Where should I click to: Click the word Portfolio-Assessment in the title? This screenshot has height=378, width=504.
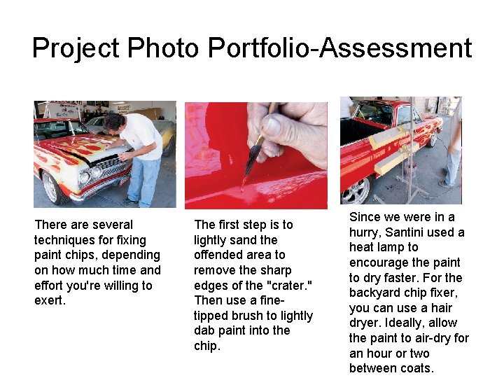pos(340,48)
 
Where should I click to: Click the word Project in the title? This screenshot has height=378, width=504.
pos(76,48)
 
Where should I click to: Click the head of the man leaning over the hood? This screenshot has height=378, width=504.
pos(113,123)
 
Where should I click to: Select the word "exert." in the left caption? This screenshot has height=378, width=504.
pos(49,301)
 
